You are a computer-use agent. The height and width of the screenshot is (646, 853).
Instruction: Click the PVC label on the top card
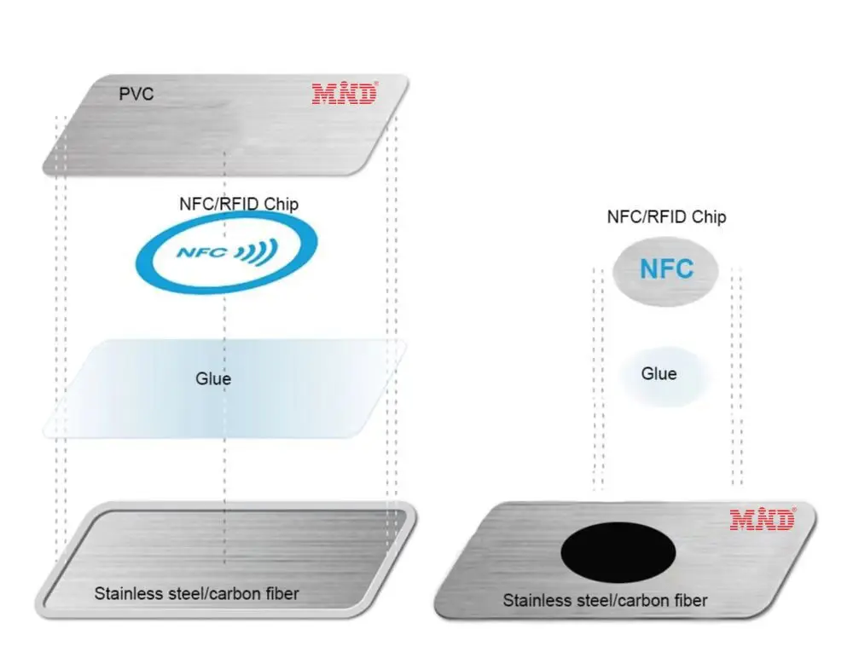136,94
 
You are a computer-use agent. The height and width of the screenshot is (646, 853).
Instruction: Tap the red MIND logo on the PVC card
344,92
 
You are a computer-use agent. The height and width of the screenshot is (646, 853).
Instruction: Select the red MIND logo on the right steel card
763,518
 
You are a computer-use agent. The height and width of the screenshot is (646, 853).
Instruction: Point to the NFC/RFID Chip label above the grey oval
666,216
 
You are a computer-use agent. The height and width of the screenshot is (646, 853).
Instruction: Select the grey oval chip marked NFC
666,270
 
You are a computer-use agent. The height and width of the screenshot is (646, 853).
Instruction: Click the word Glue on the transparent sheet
213,378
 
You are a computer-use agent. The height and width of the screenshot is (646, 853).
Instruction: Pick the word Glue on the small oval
659,373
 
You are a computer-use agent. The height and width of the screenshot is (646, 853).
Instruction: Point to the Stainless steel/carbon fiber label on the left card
196,593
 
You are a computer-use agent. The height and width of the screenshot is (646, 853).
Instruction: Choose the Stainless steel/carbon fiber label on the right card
605,601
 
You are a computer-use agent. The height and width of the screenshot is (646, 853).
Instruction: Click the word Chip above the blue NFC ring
280,204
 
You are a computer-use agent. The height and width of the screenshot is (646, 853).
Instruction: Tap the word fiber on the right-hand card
688,601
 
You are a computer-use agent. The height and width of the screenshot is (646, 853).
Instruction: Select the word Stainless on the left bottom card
128,593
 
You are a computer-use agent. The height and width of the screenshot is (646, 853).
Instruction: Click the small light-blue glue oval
662,375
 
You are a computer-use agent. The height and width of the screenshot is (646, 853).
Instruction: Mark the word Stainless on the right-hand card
537,601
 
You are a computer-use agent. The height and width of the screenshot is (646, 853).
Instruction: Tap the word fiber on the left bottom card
280,593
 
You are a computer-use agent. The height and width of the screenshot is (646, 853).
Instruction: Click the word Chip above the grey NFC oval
710,216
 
